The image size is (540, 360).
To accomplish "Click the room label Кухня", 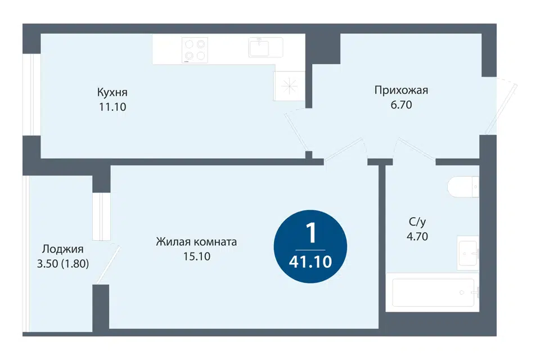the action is (x=112, y=92).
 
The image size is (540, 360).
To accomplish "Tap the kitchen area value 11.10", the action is (x=112, y=107).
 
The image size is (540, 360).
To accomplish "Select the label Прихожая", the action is (x=401, y=90).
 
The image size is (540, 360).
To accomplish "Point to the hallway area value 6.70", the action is (x=401, y=105).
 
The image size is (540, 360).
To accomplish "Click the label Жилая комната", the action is (x=196, y=242).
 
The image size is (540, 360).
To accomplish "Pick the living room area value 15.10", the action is (x=197, y=256).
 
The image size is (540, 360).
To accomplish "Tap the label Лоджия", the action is (x=62, y=249).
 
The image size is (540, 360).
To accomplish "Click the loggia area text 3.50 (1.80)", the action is (x=62, y=264).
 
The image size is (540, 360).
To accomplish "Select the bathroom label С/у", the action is (x=417, y=222).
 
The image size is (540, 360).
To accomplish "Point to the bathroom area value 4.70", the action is (x=417, y=237).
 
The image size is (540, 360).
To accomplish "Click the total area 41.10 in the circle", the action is (x=310, y=262).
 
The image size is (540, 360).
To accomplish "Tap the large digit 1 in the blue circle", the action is (x=311, y=233).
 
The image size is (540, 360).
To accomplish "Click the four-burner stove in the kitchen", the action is (x=195, y=50).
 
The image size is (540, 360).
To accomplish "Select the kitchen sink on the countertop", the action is (x=265, y=47).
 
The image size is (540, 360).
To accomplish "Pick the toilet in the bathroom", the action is (x=463, y=187).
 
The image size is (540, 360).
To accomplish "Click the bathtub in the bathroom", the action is (x=432, y=292).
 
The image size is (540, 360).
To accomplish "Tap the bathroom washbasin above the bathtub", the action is (x=467, y=253).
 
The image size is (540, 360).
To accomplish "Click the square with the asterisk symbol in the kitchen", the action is (x=289, y=86).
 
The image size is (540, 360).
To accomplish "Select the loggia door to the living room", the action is (x=109, y=264).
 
